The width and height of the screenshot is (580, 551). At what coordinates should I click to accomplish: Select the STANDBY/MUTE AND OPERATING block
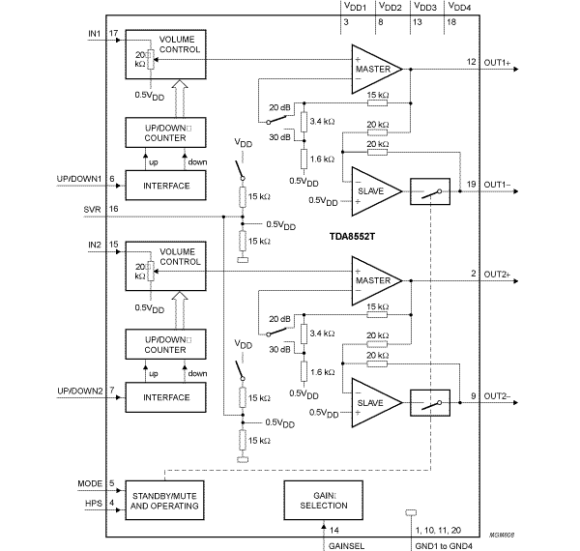pyautogui.click(x=165, y=498)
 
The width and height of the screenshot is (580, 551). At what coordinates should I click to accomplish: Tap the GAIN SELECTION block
pyautogui.click(x=323, y=498)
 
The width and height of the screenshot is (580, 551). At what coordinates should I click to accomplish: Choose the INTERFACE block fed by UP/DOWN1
pyautogui.click(x=165, y=185)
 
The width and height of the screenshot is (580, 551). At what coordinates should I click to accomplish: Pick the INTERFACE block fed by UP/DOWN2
pyautogui.click(x=165, y=396)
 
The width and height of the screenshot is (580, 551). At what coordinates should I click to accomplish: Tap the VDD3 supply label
pyautogui.click(x=422, y=7)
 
